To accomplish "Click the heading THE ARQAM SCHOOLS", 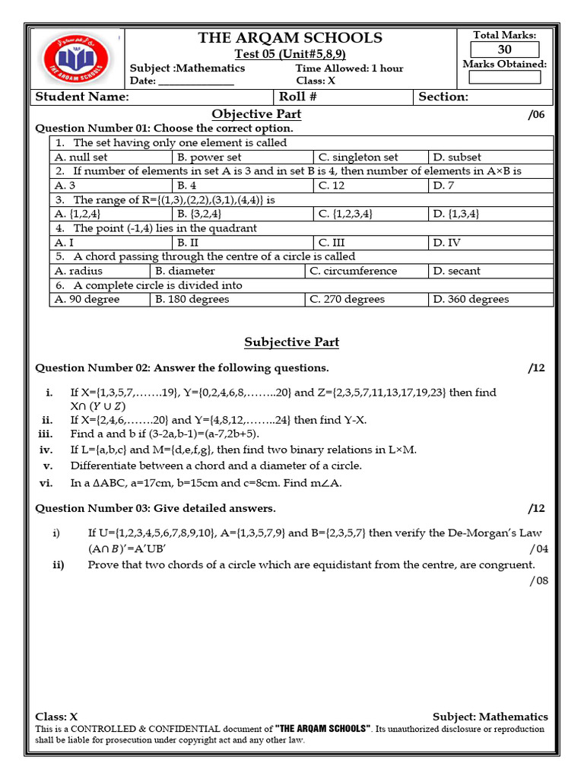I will (x=290, y=38).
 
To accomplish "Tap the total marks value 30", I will (x=505, y=50).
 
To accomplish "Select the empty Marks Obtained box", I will (x=505, y=77).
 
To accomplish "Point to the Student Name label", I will (x=82, y=97).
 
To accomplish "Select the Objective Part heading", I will (x=256, y=114).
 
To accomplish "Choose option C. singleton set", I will (x=357, y=157).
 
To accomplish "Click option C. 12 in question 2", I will (x=332, y=186).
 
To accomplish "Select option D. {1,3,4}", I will (x=455, y=215).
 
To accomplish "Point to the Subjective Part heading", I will (x=291, y=342).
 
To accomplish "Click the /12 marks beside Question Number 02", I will (x=536, y=368).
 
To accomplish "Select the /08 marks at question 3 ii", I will (x=538, y=582).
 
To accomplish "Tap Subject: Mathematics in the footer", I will (x=490, y=717).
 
